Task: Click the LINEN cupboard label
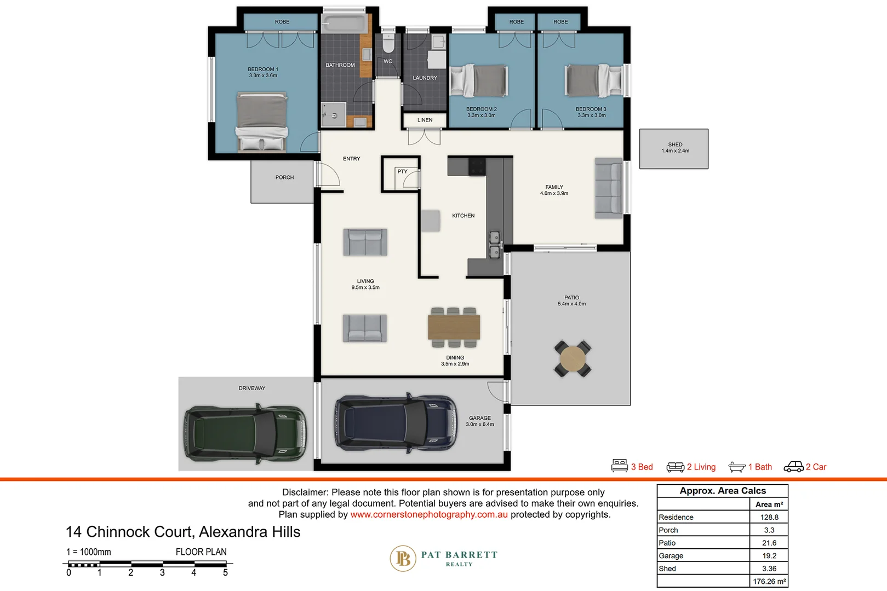click(425, 120)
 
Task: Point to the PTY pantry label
click(402, 172)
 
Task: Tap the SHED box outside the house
click(674, 149)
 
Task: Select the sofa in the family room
click(609, 188)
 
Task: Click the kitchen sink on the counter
click(494, 245)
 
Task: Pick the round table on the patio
click(573, 358)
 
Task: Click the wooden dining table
click(454, 327)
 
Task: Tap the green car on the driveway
click(245, 433)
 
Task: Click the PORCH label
click(284, 177)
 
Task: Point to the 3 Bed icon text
click(642, 467)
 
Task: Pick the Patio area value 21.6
click(769, 543)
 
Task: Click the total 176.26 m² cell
click(769, 581)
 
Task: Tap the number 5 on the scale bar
click(225, 573)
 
